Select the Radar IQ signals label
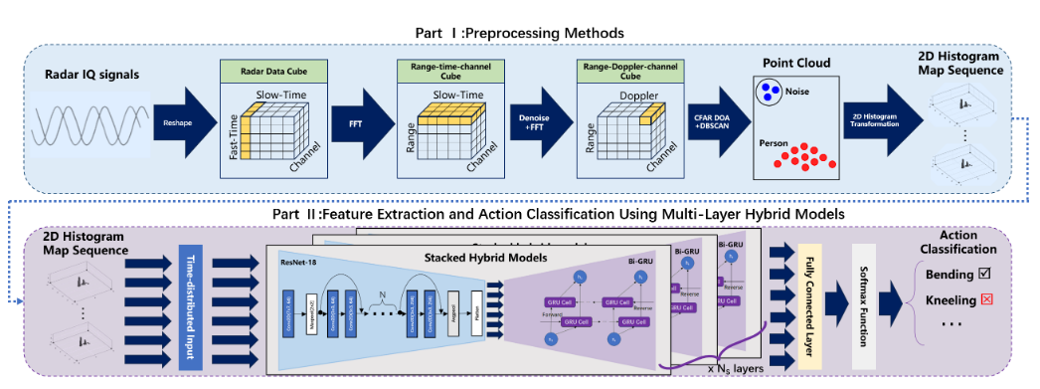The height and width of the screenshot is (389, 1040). pos(92,76)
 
